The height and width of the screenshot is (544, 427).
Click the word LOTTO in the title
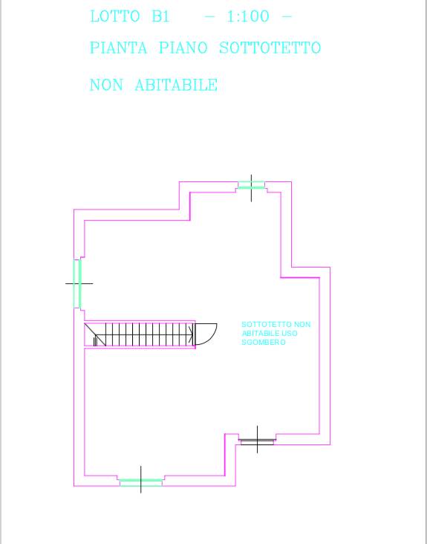tap(115, 16)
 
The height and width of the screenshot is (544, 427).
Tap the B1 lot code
tap(161, 16)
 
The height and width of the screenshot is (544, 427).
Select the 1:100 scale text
tap(248, 16)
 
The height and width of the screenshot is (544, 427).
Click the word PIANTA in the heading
tap(119, 48)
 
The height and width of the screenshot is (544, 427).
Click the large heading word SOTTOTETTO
tap(270, 48)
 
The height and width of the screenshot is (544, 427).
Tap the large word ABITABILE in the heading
tap(176, 85)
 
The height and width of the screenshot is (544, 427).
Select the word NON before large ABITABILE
tap(106, 85)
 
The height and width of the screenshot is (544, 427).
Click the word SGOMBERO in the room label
tap(264, 342)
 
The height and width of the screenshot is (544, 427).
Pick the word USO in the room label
tap(290, 334)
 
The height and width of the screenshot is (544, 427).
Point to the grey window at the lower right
tap(257, 440)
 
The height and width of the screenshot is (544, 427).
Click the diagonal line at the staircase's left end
tap(95, 334)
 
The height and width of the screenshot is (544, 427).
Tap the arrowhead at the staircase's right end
tap(191, 334)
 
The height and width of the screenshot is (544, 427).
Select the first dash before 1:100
tap(209, 16)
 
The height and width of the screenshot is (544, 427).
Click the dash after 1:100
tap(287, 16)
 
